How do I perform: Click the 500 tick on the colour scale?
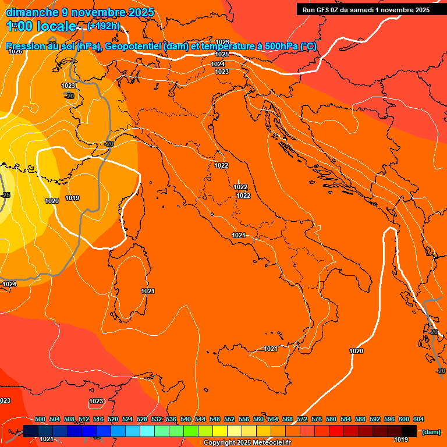click(x=40, y=419)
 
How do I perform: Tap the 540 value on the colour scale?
click(x=186, y=419)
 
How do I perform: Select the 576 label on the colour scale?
click(x=317, y=419)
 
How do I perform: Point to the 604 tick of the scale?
click(x=418, y=419)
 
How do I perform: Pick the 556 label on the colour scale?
click(x=244, y=419)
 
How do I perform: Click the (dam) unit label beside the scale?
click(x=431, y=432)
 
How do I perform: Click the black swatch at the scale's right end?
click(x=409, y=431)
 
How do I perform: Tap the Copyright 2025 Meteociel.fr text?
click(x=247, y=443)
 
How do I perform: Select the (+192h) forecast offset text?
click(x=104, y=26)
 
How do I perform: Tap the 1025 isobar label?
click(x=222, y=54)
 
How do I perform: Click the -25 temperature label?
click(x=6, y=195)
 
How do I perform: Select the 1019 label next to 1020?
click(x=72, y=198)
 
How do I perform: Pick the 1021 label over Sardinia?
click(x=148, y=291)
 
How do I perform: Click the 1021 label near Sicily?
click(x=271, y=349)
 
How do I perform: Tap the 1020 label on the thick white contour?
click(x=356, y=351)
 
